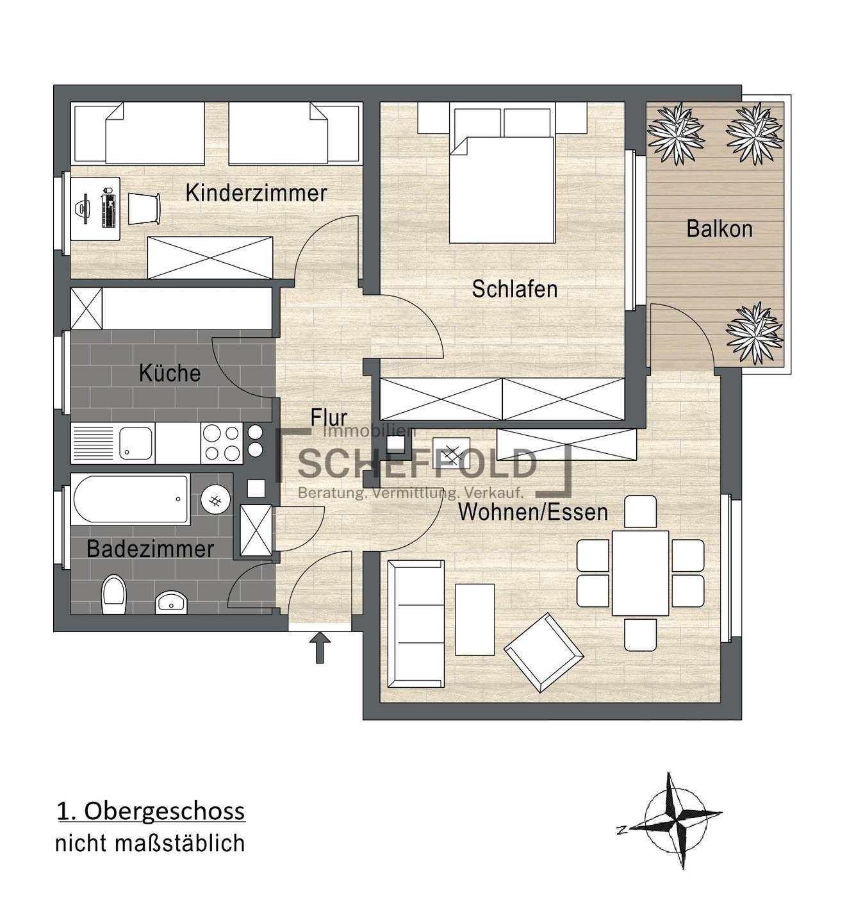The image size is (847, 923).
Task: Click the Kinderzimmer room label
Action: pos(256,193)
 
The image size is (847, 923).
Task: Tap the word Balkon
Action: pos(720,229)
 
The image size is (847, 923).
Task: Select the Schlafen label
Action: pos(514,289)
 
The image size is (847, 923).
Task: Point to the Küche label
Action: pos(170,372)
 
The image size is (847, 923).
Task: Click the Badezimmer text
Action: pos(151,549)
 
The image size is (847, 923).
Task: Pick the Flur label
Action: pos(329,417)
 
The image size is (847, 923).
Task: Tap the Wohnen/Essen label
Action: pos(533,511)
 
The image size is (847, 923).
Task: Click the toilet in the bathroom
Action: pos(113,594)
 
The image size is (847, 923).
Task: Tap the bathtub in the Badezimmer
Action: pos(131,499)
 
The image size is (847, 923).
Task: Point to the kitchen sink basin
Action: pos(136,443)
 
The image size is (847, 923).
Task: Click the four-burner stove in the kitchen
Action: pos(222,443)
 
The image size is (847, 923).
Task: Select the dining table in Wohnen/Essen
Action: pos(640,573)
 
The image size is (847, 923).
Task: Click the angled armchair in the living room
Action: pos(544,652)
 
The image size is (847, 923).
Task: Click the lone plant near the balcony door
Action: pos(754,333)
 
